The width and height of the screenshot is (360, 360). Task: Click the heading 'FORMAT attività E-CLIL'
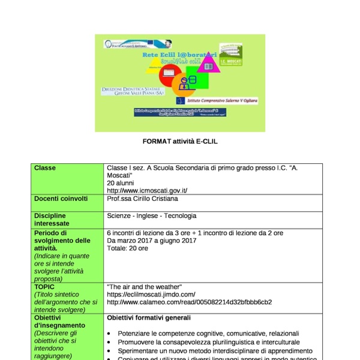tap(179, 142)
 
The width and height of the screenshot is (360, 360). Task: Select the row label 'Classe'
tap(45, 168)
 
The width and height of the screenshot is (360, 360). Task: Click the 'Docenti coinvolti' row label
tap(61, 199)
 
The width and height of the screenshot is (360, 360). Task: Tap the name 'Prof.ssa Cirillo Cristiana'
tap(142, 199)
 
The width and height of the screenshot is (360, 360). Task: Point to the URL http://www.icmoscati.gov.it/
tap(147, 191)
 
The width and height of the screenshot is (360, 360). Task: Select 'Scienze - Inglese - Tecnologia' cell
tap(151, 216)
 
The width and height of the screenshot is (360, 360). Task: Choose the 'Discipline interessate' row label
tap(50, 220)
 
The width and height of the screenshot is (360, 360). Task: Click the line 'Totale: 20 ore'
tap(127, 248)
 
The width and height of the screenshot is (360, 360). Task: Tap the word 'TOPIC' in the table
tap(44, 287)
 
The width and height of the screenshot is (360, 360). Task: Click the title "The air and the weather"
tap(140, 287)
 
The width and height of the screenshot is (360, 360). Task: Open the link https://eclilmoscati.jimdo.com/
tap(151, 295)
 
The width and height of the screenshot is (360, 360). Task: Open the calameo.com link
tap(189, 302)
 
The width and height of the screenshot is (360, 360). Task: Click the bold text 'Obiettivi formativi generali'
tap(149, 317)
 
